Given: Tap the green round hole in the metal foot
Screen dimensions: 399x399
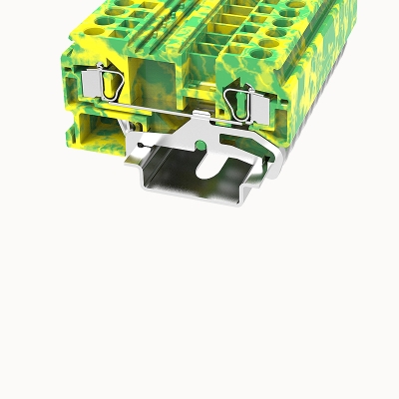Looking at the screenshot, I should point(204,148).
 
